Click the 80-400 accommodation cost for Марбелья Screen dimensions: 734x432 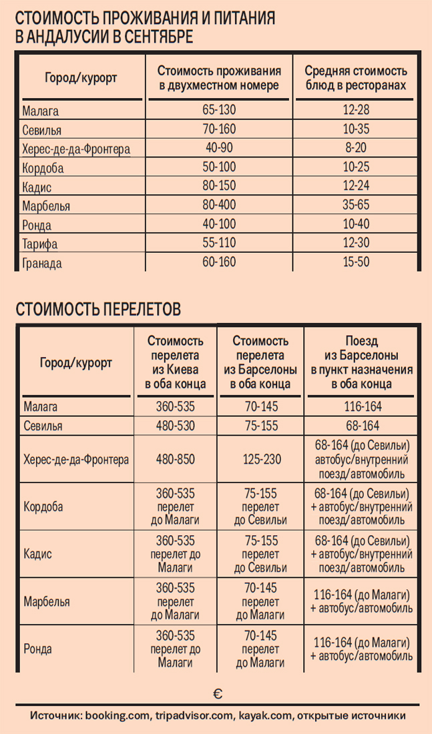click(219, 205)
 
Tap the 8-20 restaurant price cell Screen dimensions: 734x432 click(356, 148)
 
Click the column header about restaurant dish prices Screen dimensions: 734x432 click(356, 78)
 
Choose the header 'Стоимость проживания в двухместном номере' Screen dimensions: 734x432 click(219, 78)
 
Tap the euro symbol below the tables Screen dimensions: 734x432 click(218, 694)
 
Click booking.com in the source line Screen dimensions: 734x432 click(118, 716)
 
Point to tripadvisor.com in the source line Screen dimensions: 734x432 click(194, 716)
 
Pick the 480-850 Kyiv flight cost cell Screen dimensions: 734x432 click(176, 460)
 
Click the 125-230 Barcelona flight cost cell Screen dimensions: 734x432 click(260, 460)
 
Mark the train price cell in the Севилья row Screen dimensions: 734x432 click(361, 426)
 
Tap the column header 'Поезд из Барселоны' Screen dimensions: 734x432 click(361, 362)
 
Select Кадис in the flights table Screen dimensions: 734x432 click(37, 554)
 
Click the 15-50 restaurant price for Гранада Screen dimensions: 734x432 click(356, 262)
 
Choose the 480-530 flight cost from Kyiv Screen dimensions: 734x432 click(176, 426)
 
